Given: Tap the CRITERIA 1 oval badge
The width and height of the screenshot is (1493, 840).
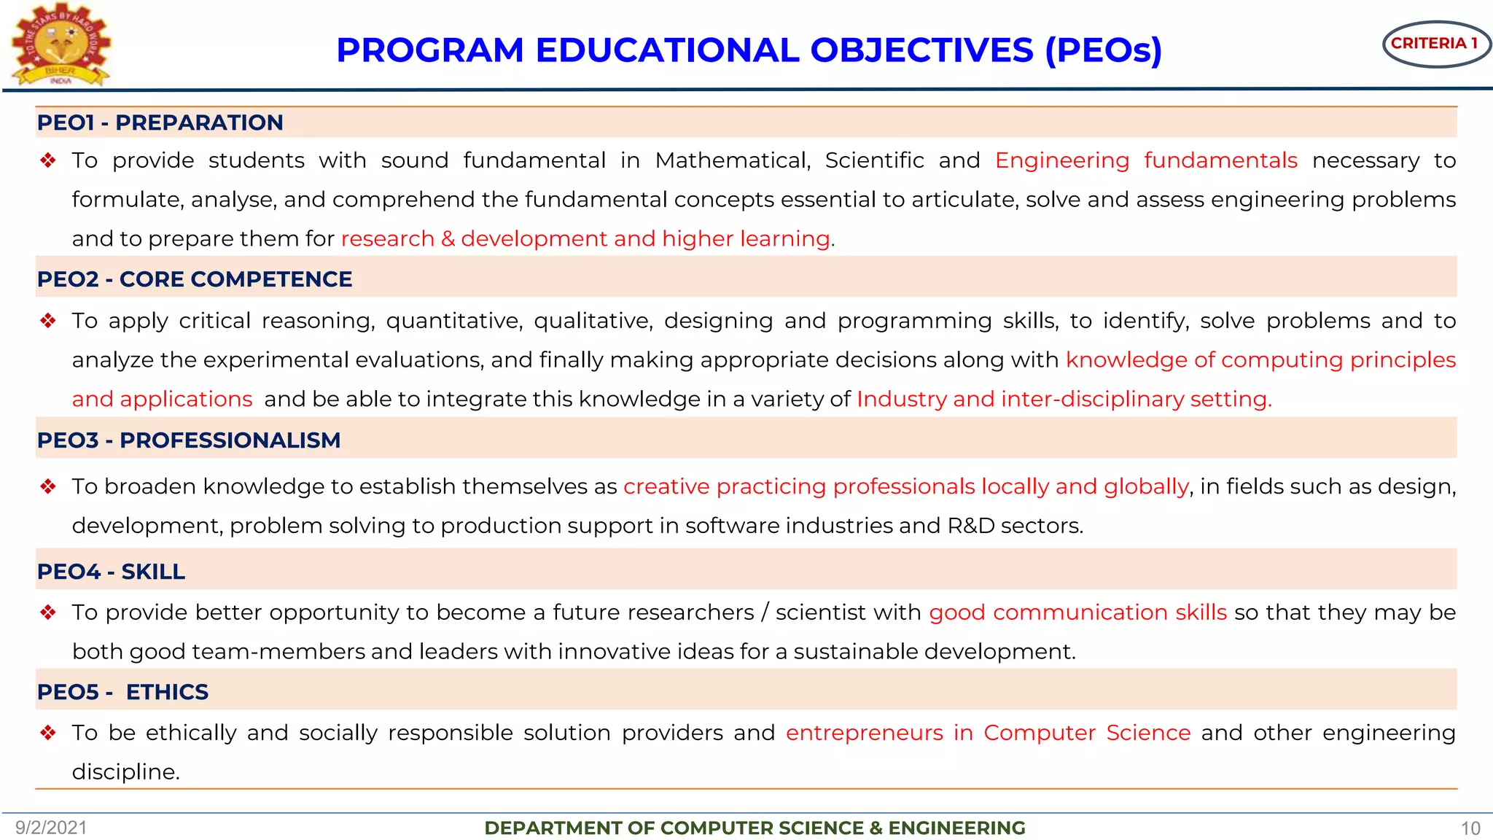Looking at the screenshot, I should [1435, 44].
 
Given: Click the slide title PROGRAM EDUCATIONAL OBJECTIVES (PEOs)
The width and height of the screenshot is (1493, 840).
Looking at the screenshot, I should [749, 50].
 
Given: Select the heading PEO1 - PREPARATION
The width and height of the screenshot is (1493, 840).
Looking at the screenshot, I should [160, 122].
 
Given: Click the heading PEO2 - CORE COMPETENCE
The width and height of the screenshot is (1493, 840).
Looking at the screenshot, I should [195, 279].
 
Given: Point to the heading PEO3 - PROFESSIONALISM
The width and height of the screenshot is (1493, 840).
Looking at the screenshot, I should [189, 440].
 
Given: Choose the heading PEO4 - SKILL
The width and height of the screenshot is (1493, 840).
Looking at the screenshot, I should [111, 572].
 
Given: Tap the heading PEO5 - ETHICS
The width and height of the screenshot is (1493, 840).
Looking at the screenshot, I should [122, 692].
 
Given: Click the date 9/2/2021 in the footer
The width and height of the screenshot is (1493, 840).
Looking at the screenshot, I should [51, 828].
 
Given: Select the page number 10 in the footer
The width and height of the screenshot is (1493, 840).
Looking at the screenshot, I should [1470, 828].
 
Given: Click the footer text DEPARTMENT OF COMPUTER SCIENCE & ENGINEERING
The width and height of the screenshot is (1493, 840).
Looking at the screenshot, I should [755, 828].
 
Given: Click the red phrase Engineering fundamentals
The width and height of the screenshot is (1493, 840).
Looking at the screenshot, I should [1146, 160].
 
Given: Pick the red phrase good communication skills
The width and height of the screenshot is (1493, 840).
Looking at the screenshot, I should [1077, 612].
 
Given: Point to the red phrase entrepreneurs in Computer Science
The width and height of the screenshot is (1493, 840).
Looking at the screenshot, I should [988, 733].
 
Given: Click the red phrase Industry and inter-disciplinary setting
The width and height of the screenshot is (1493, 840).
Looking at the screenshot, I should [1064, 400].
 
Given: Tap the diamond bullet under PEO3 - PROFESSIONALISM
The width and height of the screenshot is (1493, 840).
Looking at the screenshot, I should [48, 486].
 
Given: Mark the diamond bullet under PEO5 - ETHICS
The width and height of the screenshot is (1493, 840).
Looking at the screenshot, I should [48, 733].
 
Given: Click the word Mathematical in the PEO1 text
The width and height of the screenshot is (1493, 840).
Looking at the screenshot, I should [733, 160].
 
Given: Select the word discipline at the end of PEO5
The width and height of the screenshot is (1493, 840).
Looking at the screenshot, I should [125, 771].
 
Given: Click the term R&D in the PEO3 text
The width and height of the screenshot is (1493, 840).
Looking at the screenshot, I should [971, 526].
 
